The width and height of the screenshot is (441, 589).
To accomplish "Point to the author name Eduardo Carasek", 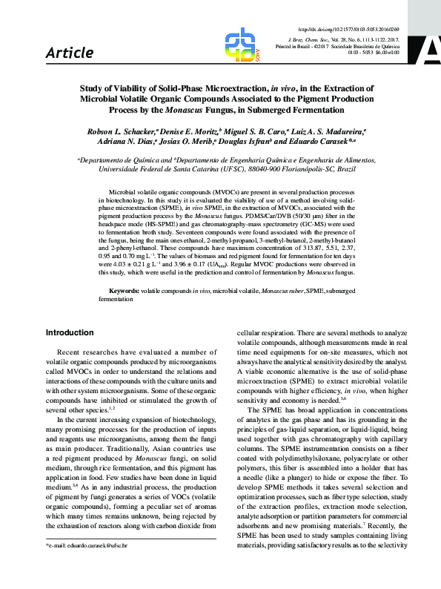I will click(x=322, y=141).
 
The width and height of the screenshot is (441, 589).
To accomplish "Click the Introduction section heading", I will click(x=70, y=332).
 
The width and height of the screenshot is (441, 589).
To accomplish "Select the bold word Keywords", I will click(x=125, y=292).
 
